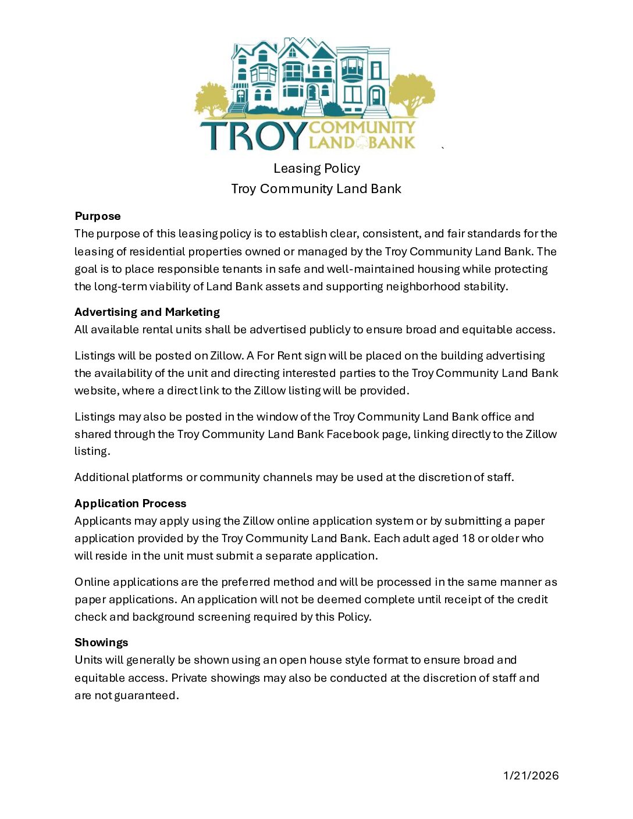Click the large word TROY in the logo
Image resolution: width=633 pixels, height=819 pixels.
pyautogui.click(x=253, y=135)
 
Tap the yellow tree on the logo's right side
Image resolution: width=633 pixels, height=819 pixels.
pyautogui.click(x=412, y=93)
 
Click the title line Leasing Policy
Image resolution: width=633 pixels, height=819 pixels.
pyautogui.click(x=316, y=169)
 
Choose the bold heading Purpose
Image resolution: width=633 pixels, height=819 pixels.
pyautogui.click(x=98, y=216)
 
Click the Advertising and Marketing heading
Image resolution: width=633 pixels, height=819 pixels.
pyautogui.click(x=147, y=312)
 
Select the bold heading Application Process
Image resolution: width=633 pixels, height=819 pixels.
pyautogui.click(x=130, y=504)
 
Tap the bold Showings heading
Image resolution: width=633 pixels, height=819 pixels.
pyautogui.click(x=101, y=643)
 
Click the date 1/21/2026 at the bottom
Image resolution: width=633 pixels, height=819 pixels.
pyautogui.click(x=531, y=775)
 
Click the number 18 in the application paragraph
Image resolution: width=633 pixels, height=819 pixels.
pyautogui.click(x=468, y=539)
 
